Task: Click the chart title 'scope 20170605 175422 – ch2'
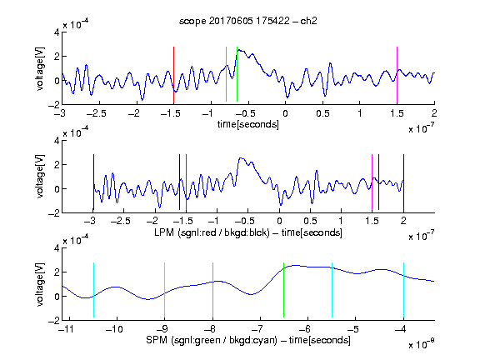tap(248, 21)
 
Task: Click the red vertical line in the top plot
tap(173, 75)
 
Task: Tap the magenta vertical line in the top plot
tap(397, 75)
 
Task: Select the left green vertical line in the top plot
tap(226, 74)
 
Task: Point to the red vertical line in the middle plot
tap(186, 182)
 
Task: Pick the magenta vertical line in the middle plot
tap(372, 182)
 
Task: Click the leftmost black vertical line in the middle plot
tap(93, 182)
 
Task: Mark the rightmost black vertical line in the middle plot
tap(404, 182)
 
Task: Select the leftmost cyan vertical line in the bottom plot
tap(93, 290)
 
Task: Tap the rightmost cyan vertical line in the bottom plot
tap(404, 291)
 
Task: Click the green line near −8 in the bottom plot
tap(212, 291)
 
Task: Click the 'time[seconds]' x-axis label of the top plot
tap(248, 124)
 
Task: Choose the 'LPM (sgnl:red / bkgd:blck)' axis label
tap(212, 232)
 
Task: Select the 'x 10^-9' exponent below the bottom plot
tap(422, 344)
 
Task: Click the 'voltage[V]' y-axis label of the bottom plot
tap(40, 284)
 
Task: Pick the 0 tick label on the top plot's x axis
tap(285, 113)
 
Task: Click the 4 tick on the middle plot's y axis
tap(57, 141)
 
